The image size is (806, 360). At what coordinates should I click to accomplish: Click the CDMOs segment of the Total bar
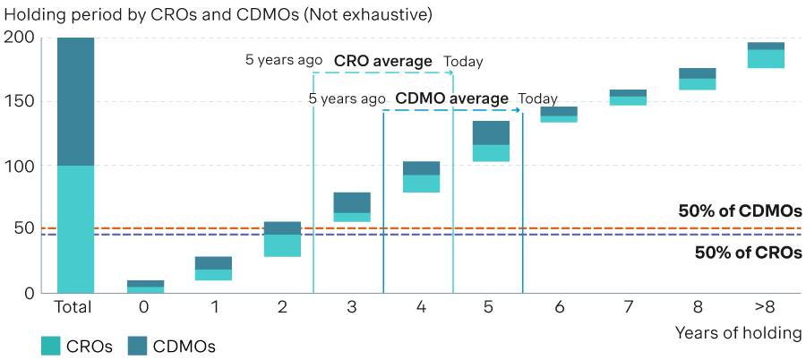tap(75, 101)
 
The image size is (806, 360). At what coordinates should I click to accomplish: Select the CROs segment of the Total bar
tap(75, 229)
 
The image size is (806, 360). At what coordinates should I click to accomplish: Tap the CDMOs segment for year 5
tap(491, 133)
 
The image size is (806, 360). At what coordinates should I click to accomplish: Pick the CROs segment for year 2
tap(283, 245)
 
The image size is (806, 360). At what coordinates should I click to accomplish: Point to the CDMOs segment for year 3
tap(352, 202)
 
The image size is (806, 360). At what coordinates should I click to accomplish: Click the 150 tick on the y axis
tap(19, 101)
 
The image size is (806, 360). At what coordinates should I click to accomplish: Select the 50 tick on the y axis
tap(23, 229)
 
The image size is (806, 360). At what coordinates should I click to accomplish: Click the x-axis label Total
tap(73, 307)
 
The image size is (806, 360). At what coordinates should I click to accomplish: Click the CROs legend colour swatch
tap(50, 346)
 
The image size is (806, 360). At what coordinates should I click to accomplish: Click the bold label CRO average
tap(383, 61)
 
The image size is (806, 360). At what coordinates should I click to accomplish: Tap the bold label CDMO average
tap(452, 99)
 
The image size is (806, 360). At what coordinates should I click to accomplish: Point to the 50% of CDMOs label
tap(741, 211)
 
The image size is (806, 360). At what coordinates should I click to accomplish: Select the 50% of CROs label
tap(749, 253)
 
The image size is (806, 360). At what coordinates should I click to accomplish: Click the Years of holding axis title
tap(738, 333)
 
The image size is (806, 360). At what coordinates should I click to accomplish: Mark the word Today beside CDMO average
tap(537, 99)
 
